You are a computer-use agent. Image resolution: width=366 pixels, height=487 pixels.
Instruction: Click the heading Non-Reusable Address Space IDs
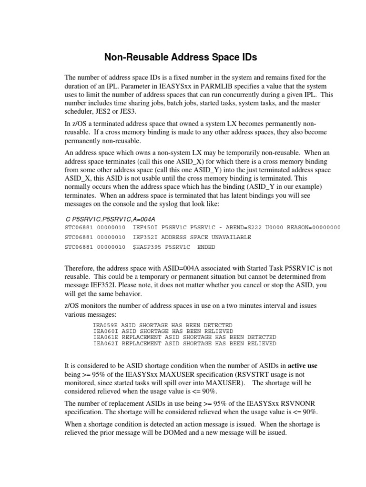[181, 58]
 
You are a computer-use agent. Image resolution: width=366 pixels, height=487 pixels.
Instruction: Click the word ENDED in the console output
[206, 247]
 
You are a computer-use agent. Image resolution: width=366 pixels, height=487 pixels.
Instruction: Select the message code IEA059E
[106, 325]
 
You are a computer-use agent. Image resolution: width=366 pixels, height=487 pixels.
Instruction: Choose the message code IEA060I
[106, 331]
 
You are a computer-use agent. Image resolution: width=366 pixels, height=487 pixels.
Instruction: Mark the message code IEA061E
[106, 337]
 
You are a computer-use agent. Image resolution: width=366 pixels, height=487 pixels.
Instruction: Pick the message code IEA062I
[106, 343]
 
